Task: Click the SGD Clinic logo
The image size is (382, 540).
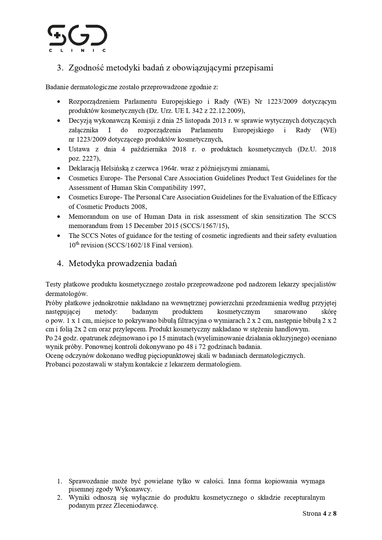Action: (x=77, y=38)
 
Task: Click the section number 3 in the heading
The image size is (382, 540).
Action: (x=60, y=68)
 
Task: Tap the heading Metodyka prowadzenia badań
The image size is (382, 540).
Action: (x=123, y=263)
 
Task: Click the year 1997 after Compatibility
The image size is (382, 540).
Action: (x=197, y=187)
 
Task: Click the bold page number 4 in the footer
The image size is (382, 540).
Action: (x=324, y=513)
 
